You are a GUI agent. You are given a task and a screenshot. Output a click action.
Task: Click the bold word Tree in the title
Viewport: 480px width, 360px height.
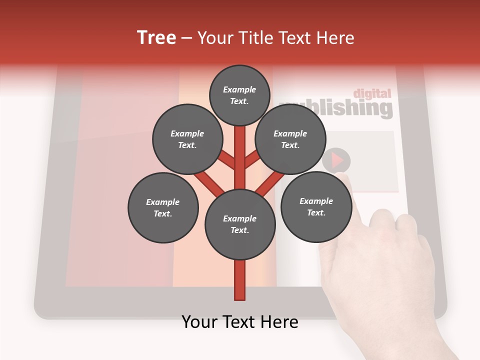point(156,38)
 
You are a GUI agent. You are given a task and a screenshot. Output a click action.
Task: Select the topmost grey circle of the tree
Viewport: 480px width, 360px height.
point(239,95)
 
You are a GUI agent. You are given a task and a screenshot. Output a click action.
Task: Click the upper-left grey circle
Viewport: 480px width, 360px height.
point(187,139)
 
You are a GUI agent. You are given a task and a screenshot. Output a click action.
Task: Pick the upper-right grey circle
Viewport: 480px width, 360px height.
point(290,139)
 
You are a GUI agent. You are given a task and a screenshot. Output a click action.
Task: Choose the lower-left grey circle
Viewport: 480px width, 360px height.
point(162,207)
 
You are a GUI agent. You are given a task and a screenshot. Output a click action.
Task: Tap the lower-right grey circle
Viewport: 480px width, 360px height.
point(316,206)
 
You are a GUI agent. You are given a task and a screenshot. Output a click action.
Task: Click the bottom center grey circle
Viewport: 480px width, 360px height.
point(240,224)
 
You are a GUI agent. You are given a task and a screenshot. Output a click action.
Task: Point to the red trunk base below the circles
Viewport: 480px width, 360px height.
point(240,280)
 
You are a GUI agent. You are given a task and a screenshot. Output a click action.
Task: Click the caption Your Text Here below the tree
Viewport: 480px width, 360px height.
point(240,322)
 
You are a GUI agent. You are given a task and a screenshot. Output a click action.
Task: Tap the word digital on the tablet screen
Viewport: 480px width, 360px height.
point(372,93)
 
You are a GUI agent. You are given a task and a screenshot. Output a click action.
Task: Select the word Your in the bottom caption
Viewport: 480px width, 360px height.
point(200,322)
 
